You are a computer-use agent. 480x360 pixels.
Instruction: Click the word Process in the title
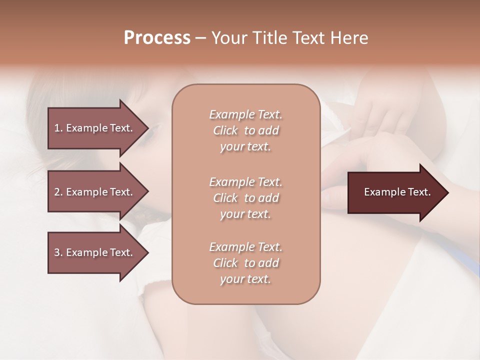157,38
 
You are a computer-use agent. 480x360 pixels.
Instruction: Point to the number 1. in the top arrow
58,128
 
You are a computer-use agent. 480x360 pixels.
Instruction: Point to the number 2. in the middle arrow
58,192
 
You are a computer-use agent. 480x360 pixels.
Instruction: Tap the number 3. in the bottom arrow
58,252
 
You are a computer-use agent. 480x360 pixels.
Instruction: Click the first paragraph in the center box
245,130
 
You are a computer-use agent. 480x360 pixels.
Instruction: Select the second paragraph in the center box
245,198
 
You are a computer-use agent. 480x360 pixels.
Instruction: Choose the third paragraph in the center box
245,263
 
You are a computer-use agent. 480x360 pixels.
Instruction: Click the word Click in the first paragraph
225,130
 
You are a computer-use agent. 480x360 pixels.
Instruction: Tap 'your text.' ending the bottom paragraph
245,279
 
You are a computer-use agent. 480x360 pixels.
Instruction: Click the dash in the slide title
201,38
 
